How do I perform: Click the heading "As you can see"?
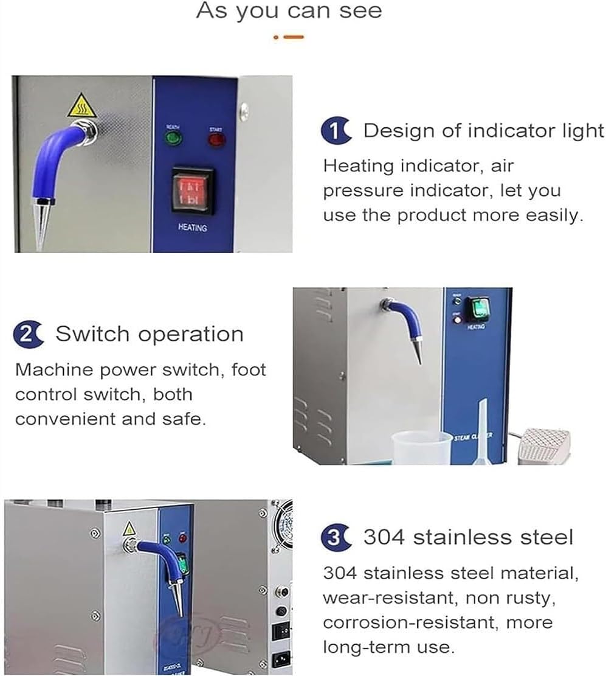289,11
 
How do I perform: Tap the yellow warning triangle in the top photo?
79,108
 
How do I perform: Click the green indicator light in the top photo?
174,139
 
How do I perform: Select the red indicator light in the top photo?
216,139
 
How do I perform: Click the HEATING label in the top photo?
192,228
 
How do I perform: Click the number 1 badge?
335,131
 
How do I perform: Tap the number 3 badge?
335,537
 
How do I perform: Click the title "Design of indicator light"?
483,131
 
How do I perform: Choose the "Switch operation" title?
150,334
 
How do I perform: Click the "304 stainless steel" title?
468,537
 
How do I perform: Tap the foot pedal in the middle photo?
543,445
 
